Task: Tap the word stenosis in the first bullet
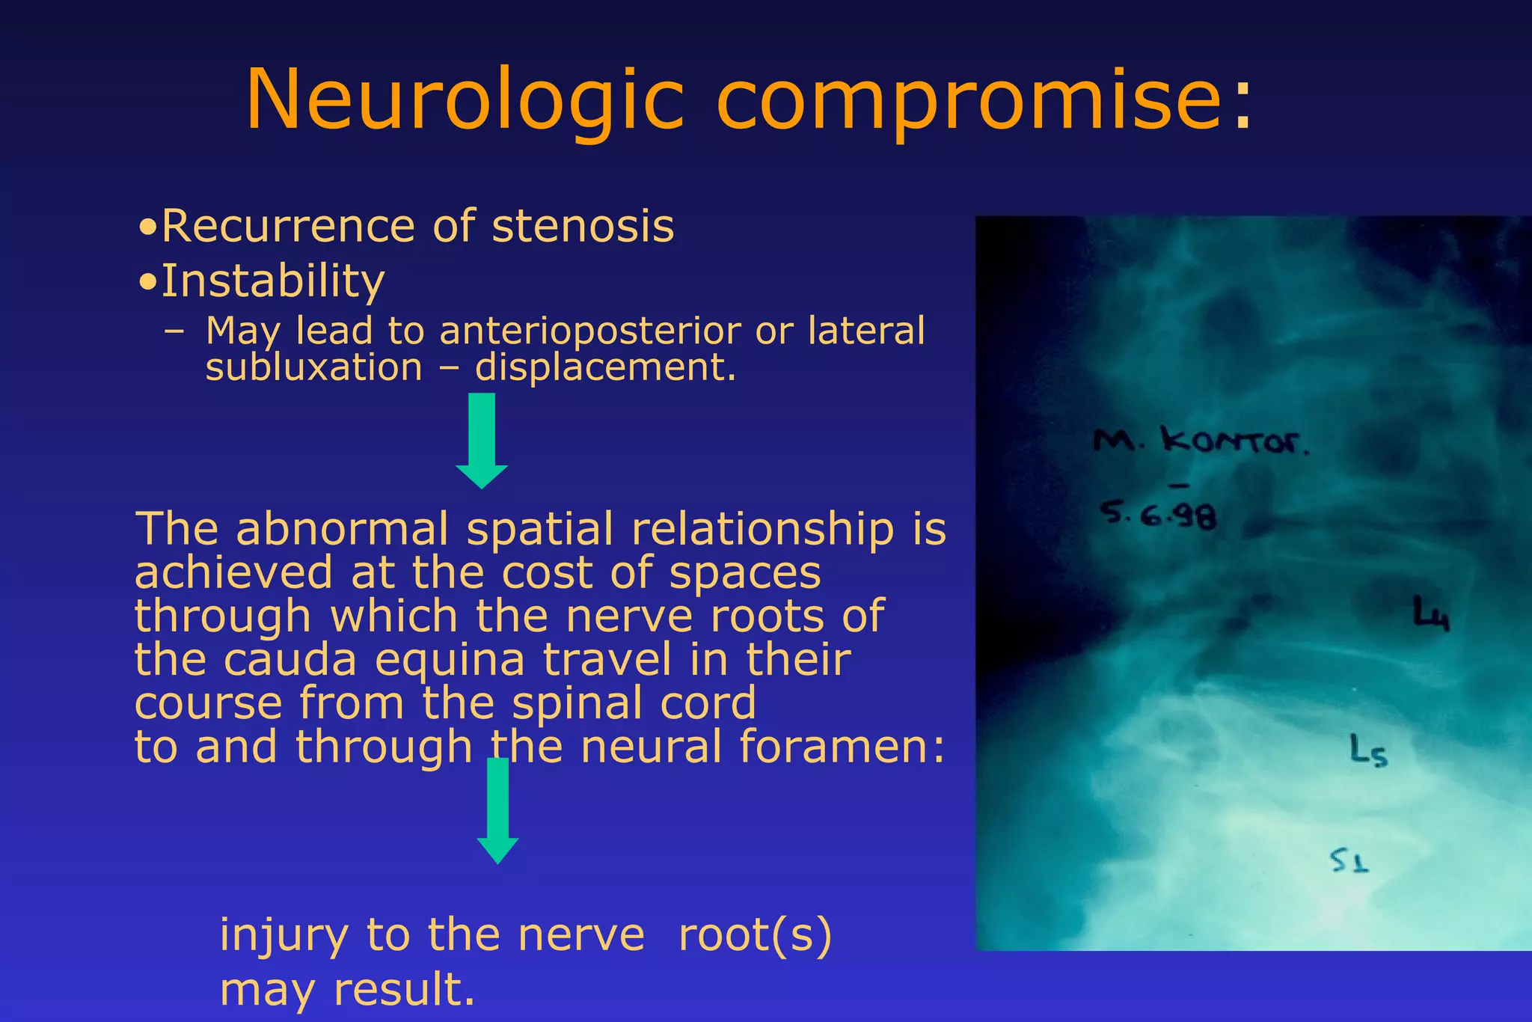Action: (x=583, y=226)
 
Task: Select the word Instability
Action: (x=272, y=281)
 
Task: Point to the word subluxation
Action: (x=313, y=368)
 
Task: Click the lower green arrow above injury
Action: (x=497, y=812)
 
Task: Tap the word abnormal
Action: (x=342, y=529)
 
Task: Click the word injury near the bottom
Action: (x=284, y=935)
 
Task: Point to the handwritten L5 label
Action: (x=1368, y=750)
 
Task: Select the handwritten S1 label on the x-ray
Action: (x=1349, y=861)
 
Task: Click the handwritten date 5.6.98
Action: (x=1158, y=514)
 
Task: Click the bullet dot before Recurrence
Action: (x=148, y=227)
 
